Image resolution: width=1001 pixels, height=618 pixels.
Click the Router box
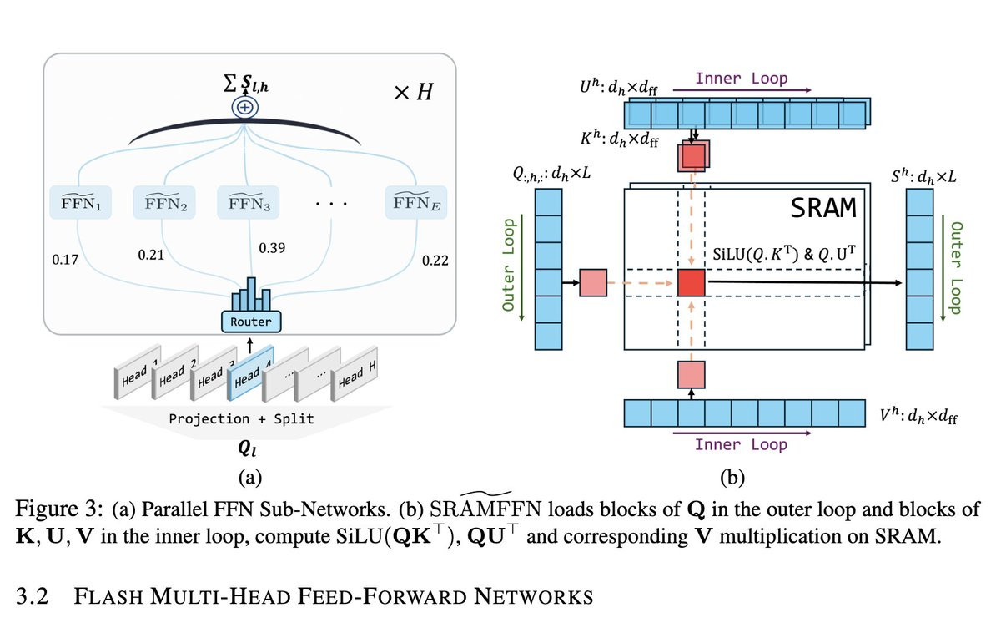(x=250, y=321)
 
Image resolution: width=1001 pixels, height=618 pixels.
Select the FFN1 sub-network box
(x=82, y=201)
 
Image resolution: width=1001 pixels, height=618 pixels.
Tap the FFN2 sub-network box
(x=165, y=201)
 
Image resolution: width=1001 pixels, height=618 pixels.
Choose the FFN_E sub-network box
(x=415, y=201)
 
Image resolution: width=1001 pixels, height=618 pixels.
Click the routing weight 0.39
(x=272, y=249)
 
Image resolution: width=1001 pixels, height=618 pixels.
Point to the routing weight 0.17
(x=65, y=261)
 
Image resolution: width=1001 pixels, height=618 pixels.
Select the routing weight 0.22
(x=435, y=261)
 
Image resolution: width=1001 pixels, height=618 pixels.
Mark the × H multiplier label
(x=412, y=93)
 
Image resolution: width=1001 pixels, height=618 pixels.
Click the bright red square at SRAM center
(x=692, y=283)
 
